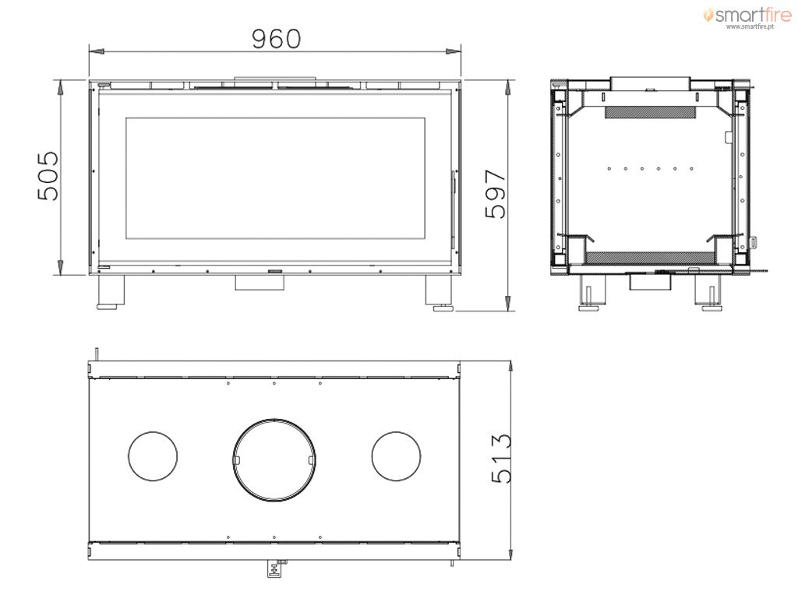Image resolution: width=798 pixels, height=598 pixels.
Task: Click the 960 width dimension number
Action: pyautogui.click(x=277, y=39)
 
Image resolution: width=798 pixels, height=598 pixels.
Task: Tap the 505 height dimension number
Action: pyautogui.click(x=48, y=175)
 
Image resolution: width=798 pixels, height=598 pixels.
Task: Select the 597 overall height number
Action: pyautogui.click(x=496, y=194)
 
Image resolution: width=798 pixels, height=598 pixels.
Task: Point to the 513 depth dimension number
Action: pyautogui.click(x=501, y=458)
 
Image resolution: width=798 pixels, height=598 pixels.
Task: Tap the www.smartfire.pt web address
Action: pyautogui.click(x=750, y=26)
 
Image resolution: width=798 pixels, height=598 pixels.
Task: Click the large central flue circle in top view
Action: pyautogui.click(x=274, y=460)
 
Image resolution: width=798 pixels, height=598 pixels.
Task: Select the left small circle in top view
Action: pyautogui.click(x=153, y=456)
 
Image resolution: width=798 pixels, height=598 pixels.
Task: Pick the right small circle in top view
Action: pyautogui.click(x=396, y=456)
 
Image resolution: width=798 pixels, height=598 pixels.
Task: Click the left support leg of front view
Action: pyautogui.click(x=111, y=292)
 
